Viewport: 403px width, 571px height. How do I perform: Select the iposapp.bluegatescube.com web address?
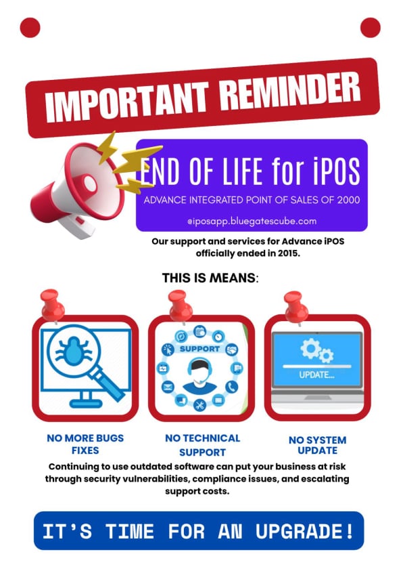click(x=251, y=221)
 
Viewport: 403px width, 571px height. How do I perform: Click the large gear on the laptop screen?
click(x=311, y=348)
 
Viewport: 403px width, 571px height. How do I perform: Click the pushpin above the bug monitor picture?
click(x=51, y=304)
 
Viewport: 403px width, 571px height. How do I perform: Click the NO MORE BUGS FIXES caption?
click(x=85, y=444)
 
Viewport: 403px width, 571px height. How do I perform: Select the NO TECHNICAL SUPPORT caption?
click(x=202, y=444)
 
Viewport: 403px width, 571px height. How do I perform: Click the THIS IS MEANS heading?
click(x=210, y=278)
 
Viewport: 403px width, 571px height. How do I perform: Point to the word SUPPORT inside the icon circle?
click(x=199, y=349)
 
